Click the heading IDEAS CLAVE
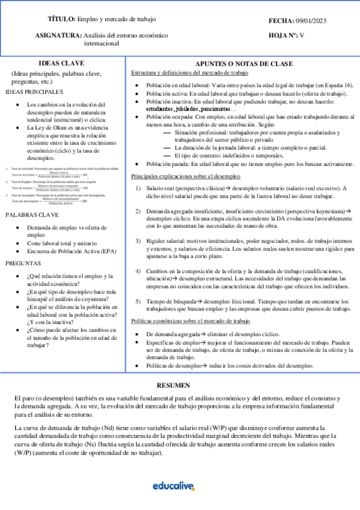coord(61,63)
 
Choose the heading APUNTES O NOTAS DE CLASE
coord(245,64)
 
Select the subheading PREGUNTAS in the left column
coord(25,263)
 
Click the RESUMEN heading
coord(173,385)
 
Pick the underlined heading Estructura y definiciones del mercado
coord(189,73)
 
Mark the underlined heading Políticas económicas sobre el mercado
coord(191,321)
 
